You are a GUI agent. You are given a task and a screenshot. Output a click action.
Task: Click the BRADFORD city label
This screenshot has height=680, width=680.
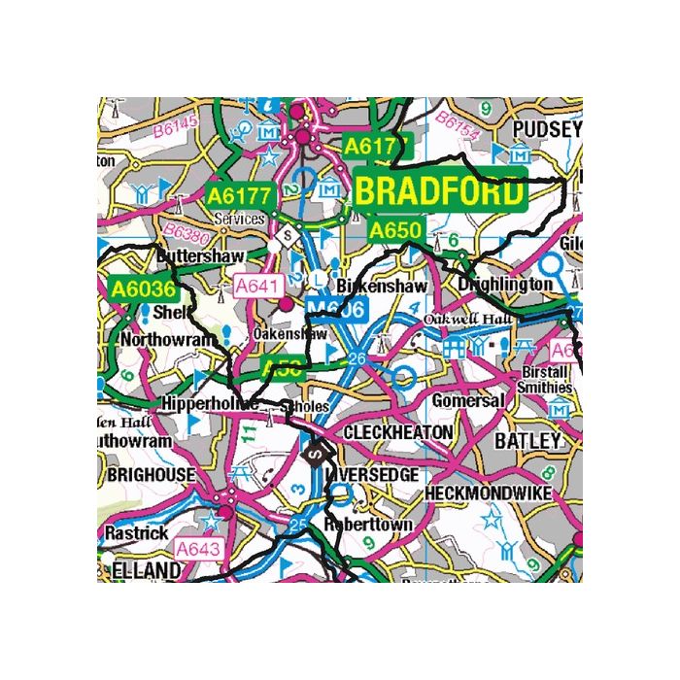439,191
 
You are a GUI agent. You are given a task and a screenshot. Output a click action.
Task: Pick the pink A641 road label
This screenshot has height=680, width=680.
259,287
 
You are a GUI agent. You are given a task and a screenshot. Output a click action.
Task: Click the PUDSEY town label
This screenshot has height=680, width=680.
546,129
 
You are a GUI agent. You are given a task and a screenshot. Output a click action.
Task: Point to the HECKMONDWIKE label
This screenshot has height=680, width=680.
489,493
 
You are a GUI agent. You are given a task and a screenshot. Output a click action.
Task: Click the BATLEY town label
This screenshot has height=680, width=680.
528,441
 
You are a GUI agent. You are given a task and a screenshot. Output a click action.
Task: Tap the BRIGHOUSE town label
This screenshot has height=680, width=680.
151,475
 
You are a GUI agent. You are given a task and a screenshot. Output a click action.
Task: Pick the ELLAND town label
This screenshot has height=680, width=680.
147,569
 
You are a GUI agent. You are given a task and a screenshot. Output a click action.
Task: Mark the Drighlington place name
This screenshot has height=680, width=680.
506,286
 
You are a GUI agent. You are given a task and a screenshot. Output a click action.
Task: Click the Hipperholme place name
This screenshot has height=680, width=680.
209,402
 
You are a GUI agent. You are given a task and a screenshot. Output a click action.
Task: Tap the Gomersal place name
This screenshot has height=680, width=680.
469,400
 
